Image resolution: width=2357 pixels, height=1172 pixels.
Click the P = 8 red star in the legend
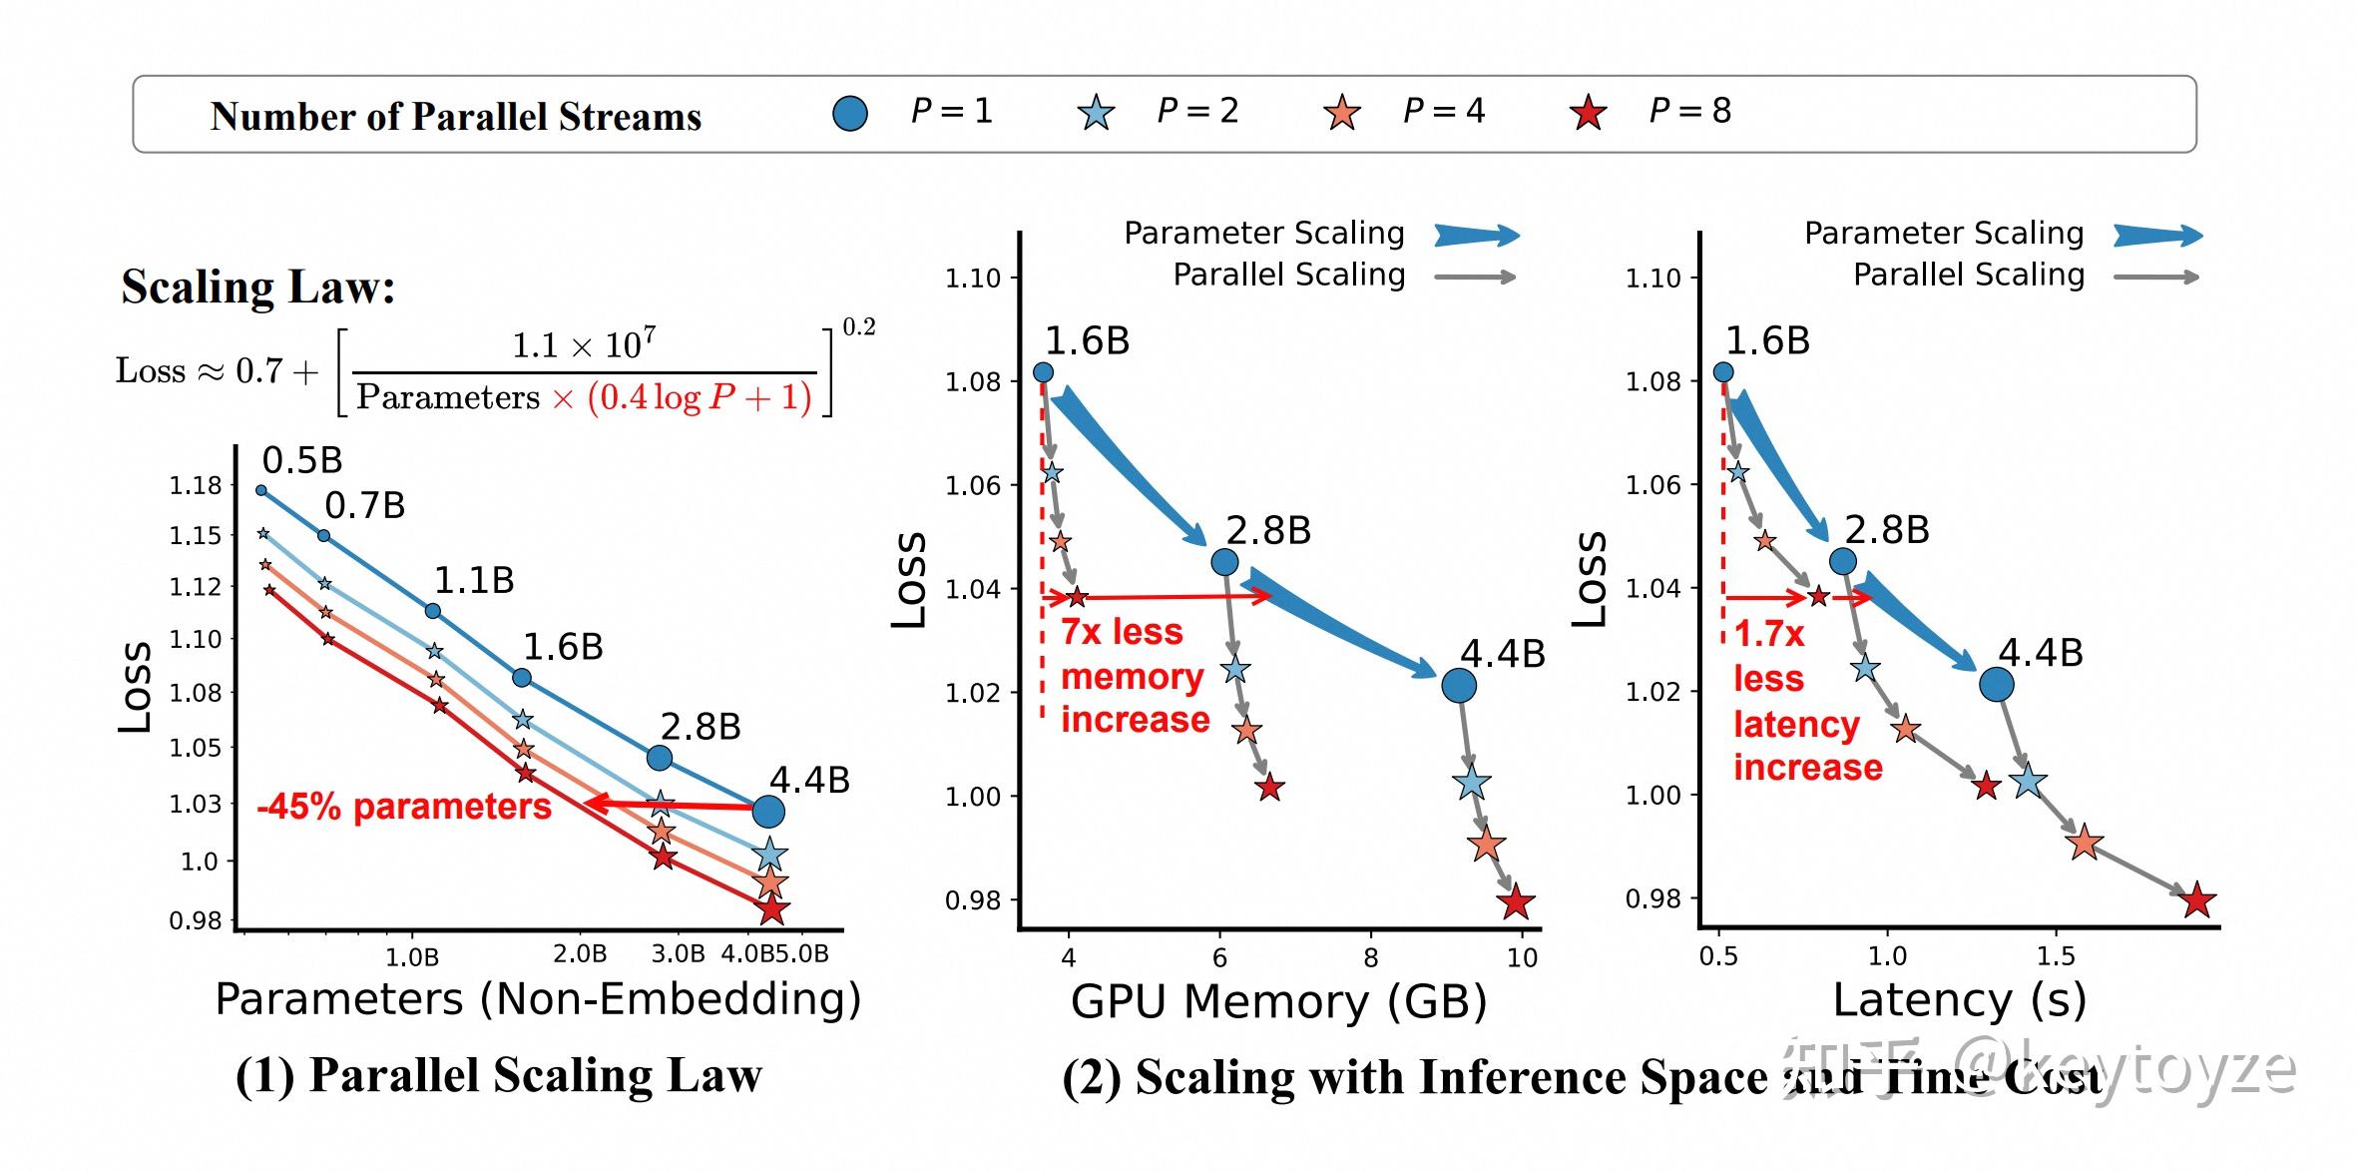(1588, 113)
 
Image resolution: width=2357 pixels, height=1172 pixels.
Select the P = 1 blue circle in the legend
(849, 113)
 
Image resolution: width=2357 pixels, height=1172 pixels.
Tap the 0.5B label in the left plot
(302, 460)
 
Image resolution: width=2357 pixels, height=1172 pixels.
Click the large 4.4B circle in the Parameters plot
(767, 811)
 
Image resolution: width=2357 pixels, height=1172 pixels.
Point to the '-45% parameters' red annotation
(404, 807)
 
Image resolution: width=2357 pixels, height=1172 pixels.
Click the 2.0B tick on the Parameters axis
(580, 954)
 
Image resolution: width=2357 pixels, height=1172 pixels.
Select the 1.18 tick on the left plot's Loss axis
(196, 486)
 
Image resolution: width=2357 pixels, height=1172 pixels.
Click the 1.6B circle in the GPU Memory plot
(1043, 372)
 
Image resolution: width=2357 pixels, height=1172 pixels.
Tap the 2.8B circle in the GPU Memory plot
(1224, 562)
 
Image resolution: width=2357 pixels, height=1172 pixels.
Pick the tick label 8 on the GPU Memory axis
(1371, 957)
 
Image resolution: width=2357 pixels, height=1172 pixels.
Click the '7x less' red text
(1122, 632)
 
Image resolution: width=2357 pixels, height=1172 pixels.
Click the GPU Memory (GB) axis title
(1278, 1001)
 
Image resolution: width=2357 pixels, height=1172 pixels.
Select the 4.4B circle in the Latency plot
(1996, 685)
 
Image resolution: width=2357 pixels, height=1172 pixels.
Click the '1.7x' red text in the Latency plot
(1769, 634)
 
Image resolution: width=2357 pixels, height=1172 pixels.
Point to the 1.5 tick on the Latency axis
(2056, 956)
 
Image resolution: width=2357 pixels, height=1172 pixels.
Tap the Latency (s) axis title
(1960, 1000)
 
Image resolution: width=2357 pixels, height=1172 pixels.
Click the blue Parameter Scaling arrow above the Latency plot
(2157, 236)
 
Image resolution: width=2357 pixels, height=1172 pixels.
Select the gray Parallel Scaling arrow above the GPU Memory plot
(1475, 277)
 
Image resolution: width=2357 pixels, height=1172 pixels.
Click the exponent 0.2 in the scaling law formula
(858, 327)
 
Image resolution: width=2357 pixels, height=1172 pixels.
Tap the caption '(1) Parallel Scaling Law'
(499, 1076)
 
